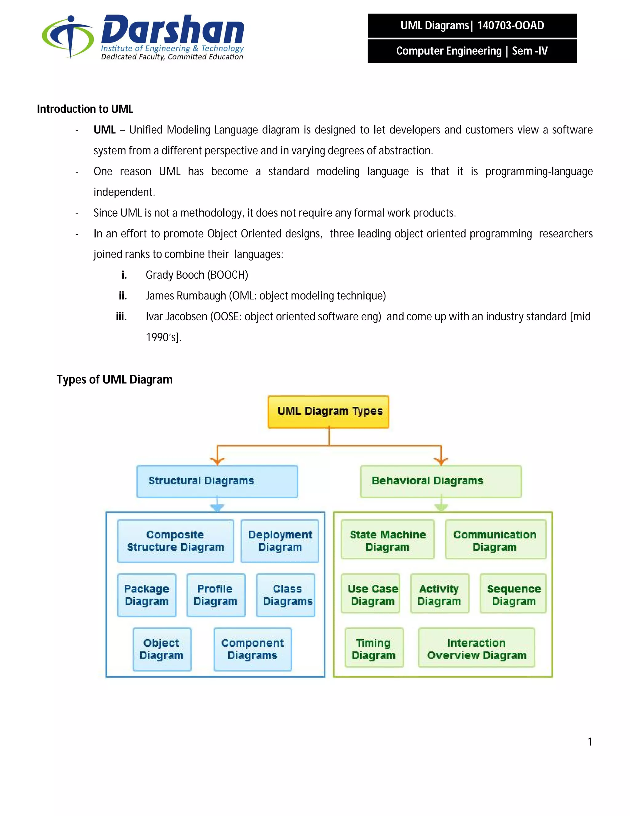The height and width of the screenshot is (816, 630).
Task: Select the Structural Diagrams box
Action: (217, 481)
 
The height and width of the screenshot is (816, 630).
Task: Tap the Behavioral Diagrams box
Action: (441, 481)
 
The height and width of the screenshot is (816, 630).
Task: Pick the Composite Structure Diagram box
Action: (175, 541)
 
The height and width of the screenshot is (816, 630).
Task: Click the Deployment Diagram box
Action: (280, 541)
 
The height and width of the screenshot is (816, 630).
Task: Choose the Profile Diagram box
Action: (216, 595)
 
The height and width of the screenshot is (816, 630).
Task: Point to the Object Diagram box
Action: (161, 649)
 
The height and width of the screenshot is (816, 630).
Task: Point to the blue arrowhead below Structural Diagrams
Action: (217, 507)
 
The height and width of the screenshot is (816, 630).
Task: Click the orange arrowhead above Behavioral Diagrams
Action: (441, 462)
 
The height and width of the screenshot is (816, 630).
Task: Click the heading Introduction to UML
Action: (85, 109)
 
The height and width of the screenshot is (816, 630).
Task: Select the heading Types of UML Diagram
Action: (114, 380)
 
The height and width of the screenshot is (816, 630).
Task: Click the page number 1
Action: (590, 742)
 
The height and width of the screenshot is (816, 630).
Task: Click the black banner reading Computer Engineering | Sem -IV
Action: (472, 51)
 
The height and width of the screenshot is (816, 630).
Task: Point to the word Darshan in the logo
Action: (173, 30)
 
